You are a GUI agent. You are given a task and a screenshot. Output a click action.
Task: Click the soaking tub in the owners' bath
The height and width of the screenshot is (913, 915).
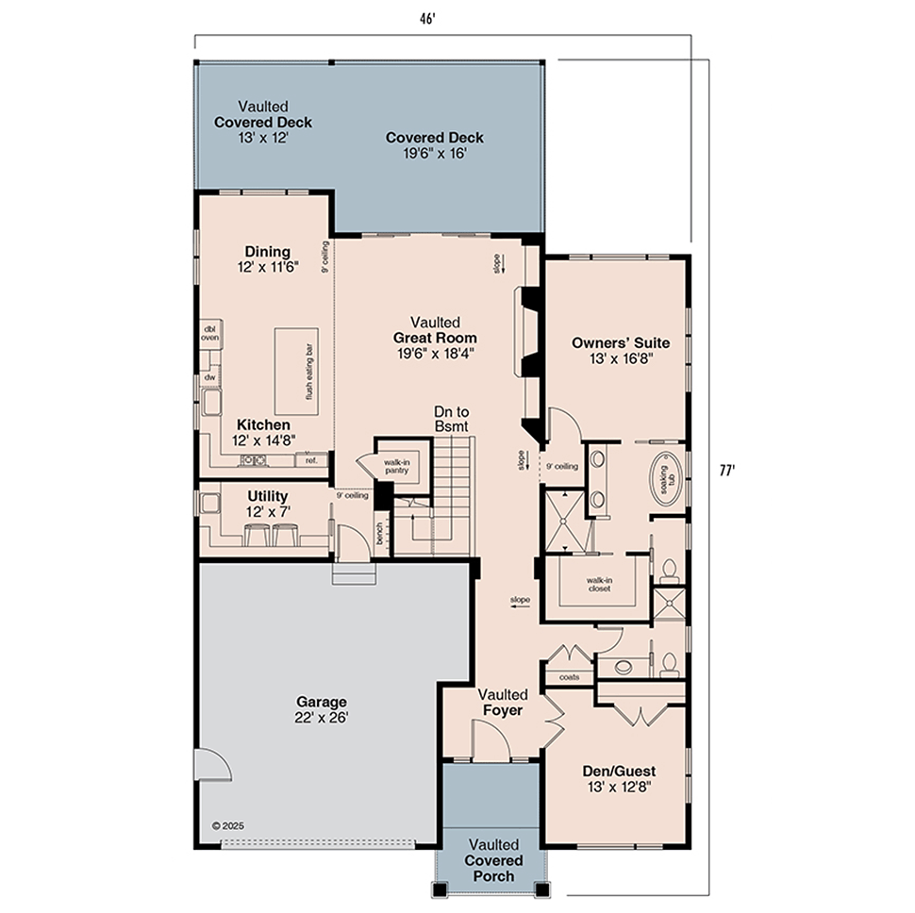tap(665, 478)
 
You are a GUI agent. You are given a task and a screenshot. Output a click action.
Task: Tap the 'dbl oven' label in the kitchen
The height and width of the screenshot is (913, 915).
tap(209, 333)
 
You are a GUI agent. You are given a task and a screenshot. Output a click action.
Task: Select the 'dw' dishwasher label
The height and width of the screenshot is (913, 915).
tap(209, 377)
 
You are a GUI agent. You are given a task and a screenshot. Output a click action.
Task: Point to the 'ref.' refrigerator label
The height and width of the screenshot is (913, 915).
tap(311, 460)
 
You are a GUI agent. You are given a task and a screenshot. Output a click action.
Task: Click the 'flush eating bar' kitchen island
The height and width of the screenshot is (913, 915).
tap(296, 371)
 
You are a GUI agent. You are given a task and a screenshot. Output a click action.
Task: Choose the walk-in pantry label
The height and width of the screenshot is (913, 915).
tap(397, 466)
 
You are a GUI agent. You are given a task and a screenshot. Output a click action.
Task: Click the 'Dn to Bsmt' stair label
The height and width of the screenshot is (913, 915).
tap(451, 419)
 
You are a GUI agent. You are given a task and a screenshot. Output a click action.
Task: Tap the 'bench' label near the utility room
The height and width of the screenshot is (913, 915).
tap(379, 533)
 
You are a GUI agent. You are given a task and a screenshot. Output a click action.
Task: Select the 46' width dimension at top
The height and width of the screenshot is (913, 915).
tap(427, 19)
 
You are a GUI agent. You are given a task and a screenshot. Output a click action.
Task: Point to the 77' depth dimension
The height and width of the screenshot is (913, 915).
tap(726, 471)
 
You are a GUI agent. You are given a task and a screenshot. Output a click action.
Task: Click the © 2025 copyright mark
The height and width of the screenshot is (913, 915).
tap(227, 825)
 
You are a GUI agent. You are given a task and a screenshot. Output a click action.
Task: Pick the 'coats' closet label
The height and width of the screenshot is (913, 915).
tap(570, 676)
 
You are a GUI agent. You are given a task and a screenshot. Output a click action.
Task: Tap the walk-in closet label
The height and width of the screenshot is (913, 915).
tap(599, 585)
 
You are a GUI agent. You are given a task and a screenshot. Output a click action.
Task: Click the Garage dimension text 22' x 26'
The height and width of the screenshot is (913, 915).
tap(321, 717)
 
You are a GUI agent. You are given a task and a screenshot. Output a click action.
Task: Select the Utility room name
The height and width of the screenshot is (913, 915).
tap(267, 496)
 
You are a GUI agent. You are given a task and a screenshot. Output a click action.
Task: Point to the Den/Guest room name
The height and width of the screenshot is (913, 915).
tap(619, 771)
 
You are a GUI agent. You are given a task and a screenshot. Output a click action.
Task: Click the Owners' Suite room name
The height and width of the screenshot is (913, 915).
tap(621, 342)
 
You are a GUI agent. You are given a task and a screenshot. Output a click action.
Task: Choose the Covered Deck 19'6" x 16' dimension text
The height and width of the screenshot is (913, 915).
tap(435, 153)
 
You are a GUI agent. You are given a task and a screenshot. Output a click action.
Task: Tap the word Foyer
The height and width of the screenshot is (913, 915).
tap(503, 710)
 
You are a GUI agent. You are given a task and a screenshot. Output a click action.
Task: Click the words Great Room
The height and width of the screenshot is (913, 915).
tap(435, 338)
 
